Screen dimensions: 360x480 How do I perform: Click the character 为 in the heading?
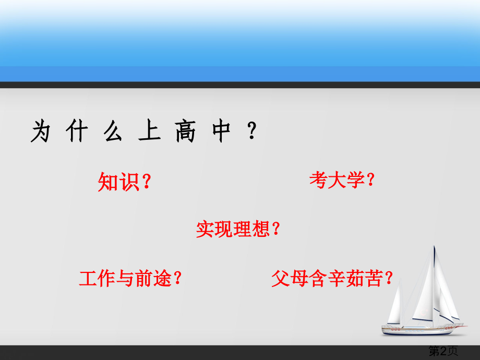coord(41,131)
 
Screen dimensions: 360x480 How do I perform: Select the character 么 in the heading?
coord(112,131)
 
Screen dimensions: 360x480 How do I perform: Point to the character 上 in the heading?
coord(148,131)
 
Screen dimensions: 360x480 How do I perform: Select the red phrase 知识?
coord(118,182)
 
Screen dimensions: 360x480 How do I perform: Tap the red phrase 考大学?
coord(335,181)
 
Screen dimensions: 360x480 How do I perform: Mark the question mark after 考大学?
coord(370,181)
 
